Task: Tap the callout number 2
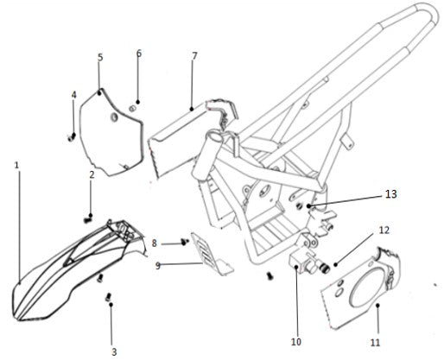pos(92,175)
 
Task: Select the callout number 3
pos(112,351)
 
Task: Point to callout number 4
pos(73,94)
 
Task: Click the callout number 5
pos(100,58)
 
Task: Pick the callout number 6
pos(138,54)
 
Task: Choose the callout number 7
pos(194,55)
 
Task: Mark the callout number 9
pos(158,266)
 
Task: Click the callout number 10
pos(296,342)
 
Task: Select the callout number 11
pos(375,342)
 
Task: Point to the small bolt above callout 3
pos(110,298)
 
